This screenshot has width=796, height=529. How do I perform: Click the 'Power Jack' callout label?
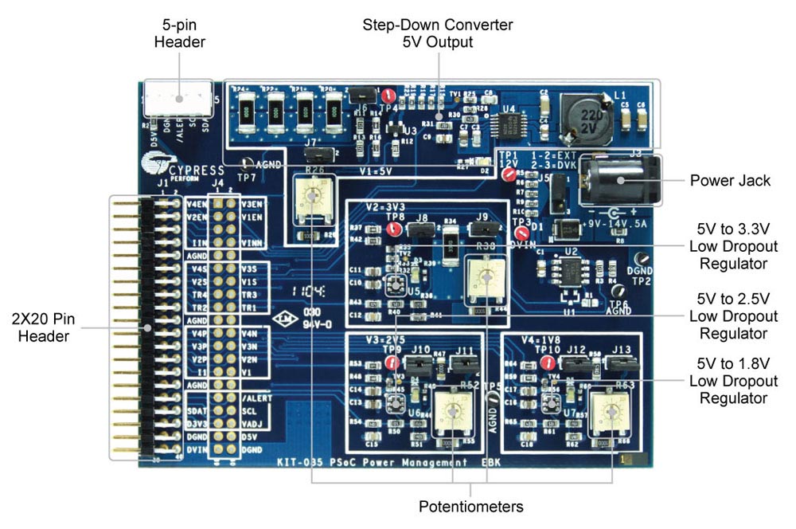730,181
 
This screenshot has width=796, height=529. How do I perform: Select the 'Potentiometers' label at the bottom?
471,507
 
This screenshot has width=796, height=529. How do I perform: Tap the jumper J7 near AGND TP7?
316,151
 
